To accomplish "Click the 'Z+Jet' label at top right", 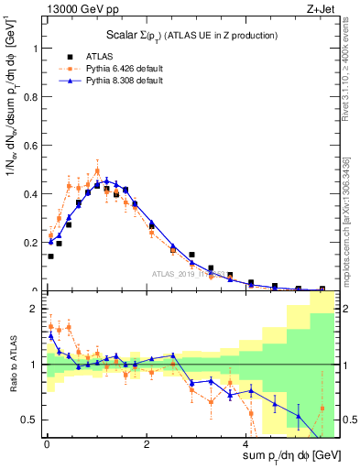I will pyautogui.click(x=321, y=8).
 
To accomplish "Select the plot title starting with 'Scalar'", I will pyautogui.click(x=170, y=34).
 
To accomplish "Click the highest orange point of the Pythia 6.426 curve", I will pyautogui.click(x=97, y=170).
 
